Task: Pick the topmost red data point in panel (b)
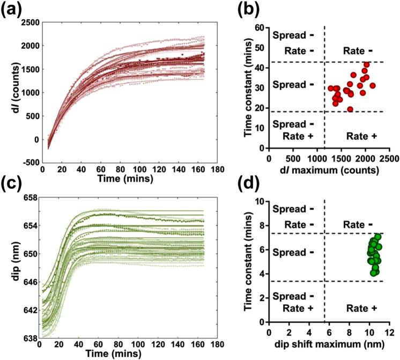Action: coord(366,65)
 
